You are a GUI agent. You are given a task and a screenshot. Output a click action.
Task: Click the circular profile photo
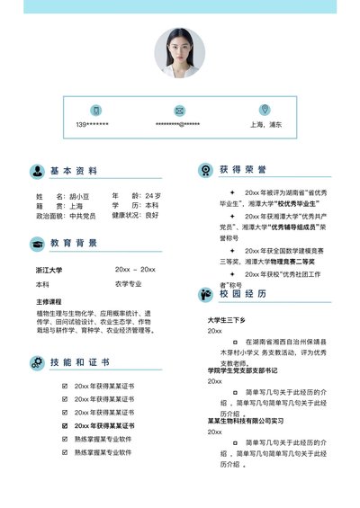[x=180, y=51]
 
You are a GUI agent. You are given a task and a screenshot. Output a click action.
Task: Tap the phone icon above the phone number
[x=95, y=110]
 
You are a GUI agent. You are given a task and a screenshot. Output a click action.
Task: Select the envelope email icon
[x=179, y=110]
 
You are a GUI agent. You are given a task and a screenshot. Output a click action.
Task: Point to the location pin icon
[x=265, y=110]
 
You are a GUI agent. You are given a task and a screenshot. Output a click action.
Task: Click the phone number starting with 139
[x=93, y=124]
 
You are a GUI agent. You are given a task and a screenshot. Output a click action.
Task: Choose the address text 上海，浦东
[x=265, y=124]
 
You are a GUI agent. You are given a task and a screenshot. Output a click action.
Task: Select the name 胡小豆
[x=80, y=196]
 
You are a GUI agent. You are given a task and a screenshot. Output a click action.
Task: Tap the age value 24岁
[x=152, y=196]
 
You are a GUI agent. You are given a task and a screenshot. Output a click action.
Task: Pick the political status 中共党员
[x=83, y=216]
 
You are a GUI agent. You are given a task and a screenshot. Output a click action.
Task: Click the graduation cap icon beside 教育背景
[x=37, y=244]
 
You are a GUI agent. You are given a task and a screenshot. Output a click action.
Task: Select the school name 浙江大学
[x=49, y=270]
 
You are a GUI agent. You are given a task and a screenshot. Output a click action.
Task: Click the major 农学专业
[x=129, y=284]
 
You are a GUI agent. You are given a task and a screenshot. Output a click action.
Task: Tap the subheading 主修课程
[x=49, y=301]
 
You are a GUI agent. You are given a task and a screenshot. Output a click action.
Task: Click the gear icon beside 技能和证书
[x=37, y=363]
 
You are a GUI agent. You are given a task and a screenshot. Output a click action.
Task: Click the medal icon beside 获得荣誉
[x=204, y=170]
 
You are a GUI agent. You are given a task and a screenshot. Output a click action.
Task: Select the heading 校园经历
[x=243, y=293]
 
